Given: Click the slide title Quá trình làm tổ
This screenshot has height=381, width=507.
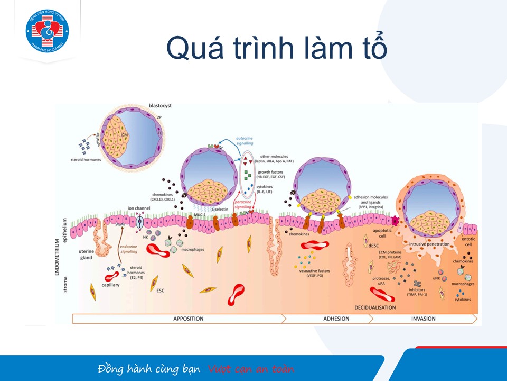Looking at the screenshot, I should [x=277, y=49].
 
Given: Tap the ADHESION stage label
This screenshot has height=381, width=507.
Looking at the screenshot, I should [x=336, y=319].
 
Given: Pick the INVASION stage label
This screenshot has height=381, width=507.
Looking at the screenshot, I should [x=423, y=319].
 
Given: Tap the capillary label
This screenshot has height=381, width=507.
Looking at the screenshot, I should [x=111, y=285].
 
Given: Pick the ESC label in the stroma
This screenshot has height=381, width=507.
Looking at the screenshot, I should [x=161, y=291].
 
